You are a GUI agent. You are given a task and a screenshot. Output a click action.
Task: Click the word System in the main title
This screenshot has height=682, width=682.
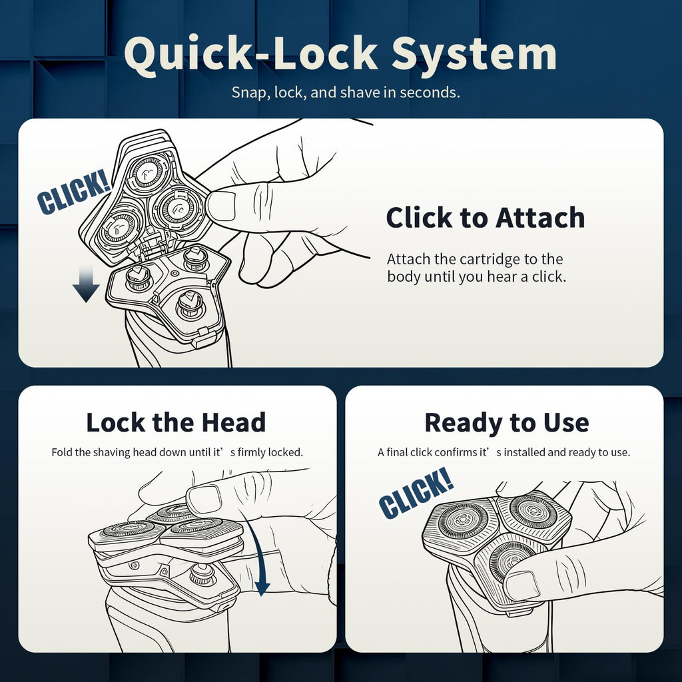pyautogui.click(x=474, y=55)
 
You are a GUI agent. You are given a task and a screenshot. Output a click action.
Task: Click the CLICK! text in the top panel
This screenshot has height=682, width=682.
pyautogui.click(x=73, y=192)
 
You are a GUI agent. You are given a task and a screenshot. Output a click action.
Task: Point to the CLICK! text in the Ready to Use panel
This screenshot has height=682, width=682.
pyautogui.click(x=416, y=493)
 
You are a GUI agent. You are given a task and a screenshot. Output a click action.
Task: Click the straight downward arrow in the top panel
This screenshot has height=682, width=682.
pyautogui.click(x=86, y=285)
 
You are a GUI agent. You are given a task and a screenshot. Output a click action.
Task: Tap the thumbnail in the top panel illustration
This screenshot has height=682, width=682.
pyautogui.click(x=221, y=206)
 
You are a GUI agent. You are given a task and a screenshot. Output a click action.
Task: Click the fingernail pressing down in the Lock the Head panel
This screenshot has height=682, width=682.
pyautogui.click(x=204, y=499)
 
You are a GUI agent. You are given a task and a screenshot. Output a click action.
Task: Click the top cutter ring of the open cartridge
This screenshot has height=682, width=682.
pyautogui.click(x=149, y=172)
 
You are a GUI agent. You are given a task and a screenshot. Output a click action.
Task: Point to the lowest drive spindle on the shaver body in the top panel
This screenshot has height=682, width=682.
pyautogui.click(x=190, y=304)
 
